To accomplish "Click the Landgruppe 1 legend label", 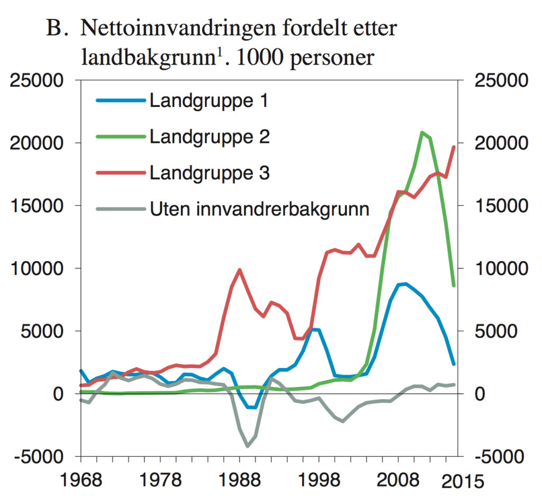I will (209, 101).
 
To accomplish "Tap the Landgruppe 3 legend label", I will (210, 173).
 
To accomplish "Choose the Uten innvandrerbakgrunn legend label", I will (259, 209).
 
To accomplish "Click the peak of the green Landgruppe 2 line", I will (422, 132).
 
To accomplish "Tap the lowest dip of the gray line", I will (247, 446).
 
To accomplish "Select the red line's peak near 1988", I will (239, 269).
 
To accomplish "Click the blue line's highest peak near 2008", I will (405, 284).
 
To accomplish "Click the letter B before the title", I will (55, 29).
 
